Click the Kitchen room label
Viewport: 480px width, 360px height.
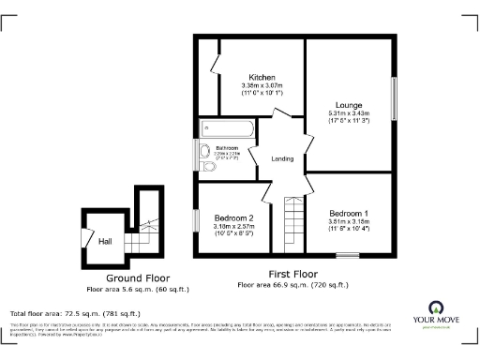coord(262,77)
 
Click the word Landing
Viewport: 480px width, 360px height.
coord(282,158)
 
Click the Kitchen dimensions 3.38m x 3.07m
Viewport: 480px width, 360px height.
coord(262,89)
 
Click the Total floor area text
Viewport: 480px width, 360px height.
coord(75,313)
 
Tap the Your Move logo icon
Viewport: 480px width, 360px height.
coord(436,308)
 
